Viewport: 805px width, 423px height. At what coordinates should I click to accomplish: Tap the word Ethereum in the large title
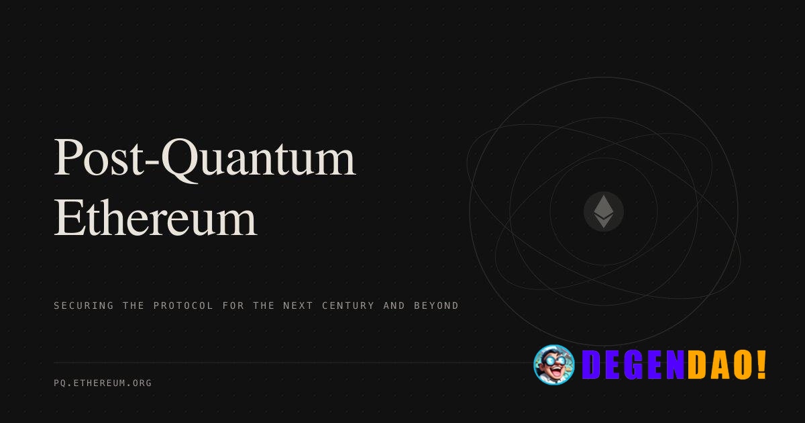[155, 218]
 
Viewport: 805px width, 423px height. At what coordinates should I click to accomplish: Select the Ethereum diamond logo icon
[604, 211]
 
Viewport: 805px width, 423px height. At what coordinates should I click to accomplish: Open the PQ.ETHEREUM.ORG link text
[103, 383]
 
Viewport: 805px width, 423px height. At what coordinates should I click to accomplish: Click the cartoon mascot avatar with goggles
[554, 365]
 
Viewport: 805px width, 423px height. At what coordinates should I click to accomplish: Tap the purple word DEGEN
[633, 365]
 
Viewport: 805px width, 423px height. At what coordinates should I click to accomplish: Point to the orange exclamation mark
[761, 365]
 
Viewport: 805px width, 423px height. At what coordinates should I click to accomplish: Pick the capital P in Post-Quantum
[68, 158]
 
